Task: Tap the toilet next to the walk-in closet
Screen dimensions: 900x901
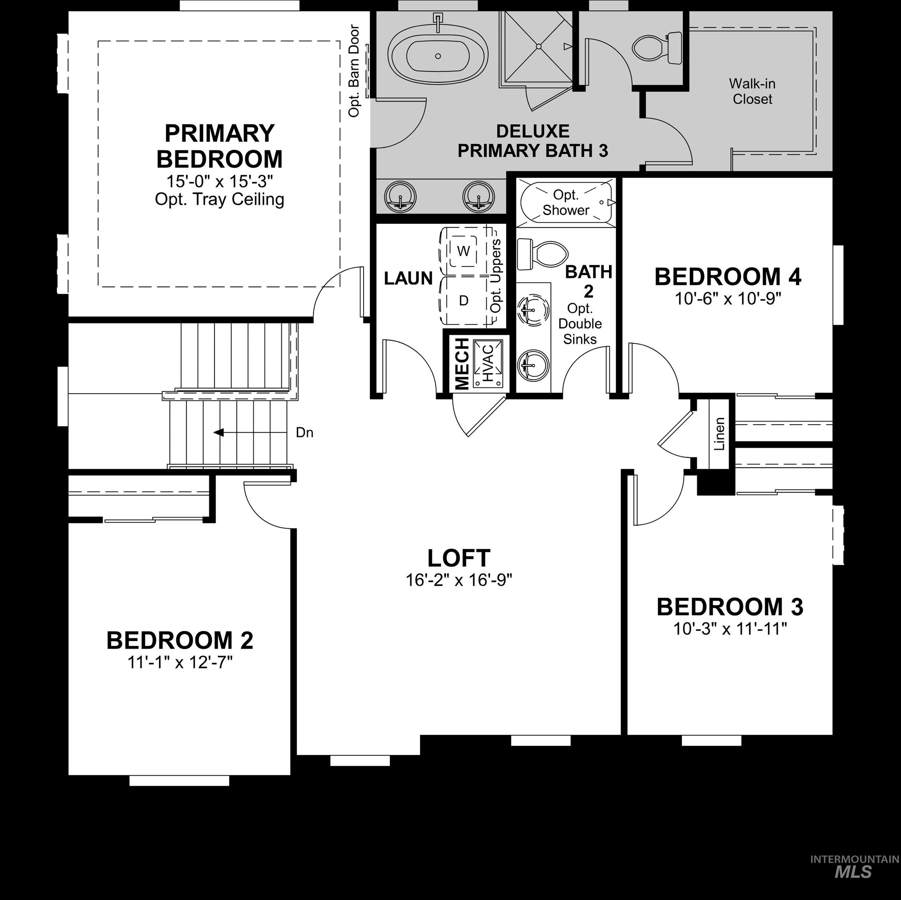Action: [x=657, y=48]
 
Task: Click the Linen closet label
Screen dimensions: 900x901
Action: [x=720, y=434]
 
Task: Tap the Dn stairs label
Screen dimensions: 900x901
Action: [x=304, y=432]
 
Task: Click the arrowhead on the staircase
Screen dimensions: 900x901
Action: [x=218, y=432]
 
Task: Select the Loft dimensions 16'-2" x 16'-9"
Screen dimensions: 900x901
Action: [x=459, y=580]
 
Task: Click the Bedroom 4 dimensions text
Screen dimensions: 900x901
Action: [x=727, y=298]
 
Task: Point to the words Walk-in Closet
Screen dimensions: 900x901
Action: [x=752, y=91]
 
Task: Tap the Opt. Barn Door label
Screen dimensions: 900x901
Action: [x=355, y=71]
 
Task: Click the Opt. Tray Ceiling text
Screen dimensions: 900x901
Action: [x=219, y=200]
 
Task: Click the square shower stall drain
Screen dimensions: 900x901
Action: [x=538, y=46]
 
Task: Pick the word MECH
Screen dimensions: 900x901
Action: [x=462, y=364]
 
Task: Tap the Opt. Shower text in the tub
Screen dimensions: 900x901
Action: [x=566, y=202]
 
